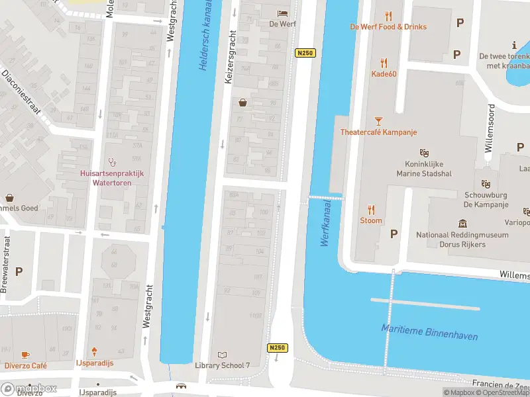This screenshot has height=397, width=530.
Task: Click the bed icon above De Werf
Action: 282,13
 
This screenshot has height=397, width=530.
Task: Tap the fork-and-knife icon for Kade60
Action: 383,63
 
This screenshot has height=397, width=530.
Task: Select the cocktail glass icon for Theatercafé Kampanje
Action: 378,121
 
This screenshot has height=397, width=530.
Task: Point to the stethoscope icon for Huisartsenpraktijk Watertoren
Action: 112,161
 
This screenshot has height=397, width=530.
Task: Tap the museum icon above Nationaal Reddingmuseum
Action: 462,224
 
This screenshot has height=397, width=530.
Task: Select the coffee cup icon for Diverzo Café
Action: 26,355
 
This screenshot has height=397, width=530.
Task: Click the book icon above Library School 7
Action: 222,355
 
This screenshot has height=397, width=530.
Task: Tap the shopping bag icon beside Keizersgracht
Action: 242,103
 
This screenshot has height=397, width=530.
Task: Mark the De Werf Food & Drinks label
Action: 388,27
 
